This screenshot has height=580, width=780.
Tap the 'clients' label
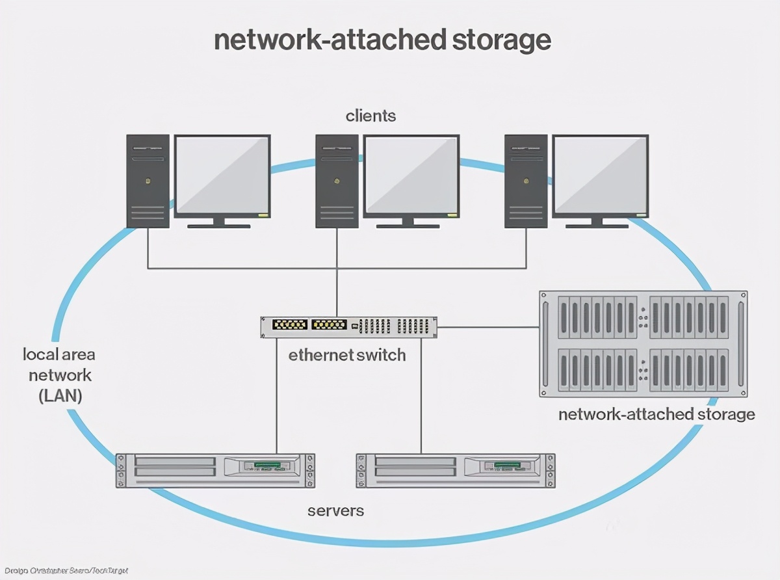tap(370, 116)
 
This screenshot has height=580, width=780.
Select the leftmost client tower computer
tap(148, 181)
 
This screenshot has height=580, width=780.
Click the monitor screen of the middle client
tap(411, 176)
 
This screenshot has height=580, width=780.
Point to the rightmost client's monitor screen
tap(600, 176)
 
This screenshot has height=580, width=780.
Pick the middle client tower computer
tap(337, 181)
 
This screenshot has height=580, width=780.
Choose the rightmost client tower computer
tap(526, 181)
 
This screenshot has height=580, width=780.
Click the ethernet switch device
tap(348, 326)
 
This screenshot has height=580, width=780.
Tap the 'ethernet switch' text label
tap(347, 356)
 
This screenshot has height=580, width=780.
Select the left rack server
tap(215, 471)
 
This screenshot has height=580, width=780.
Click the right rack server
tap(456, 471)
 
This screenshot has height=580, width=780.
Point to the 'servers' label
tap(335, 510)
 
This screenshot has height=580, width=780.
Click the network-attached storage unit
tap(643, 344)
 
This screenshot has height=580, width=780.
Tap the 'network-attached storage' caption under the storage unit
tap(656, 414)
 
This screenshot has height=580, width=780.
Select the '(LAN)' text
tap(60, 396)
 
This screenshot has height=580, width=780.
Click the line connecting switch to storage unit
tap(487, 327)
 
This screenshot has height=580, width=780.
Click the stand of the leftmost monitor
tap(218, 222)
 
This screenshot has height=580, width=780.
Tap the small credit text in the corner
tap(64, 570)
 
